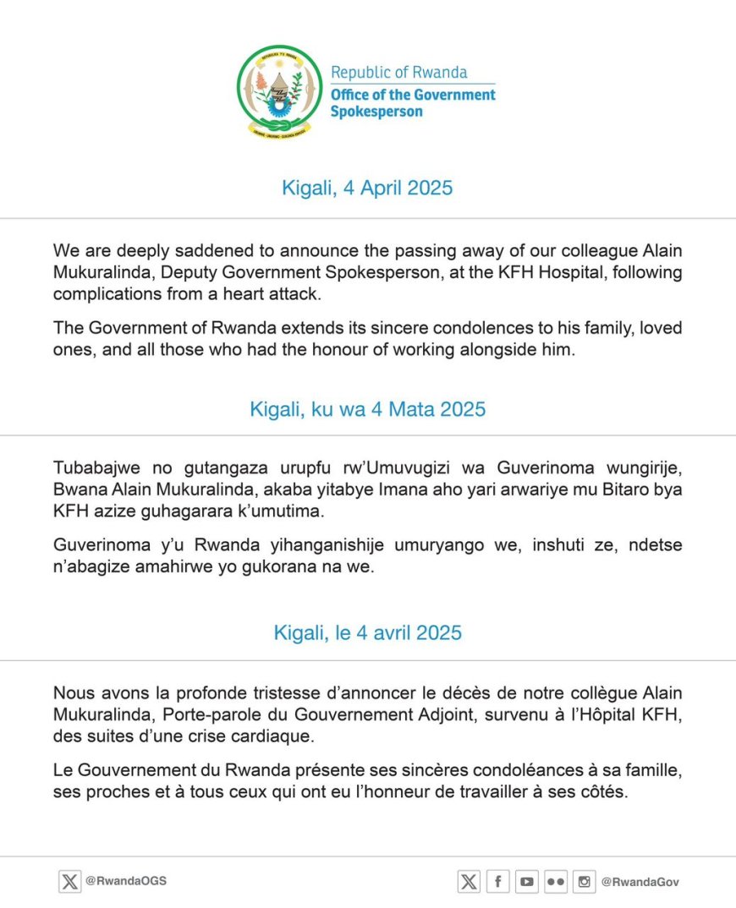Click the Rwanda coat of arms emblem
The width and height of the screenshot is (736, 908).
pyautogui.click(x=279, y=92)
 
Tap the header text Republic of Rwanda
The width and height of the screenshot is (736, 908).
pyautogui.click(x=398, y=73)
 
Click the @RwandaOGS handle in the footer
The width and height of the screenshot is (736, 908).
pyautogui.click(x=126, y=881)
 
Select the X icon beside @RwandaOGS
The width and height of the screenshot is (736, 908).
pyautogui.click(x=69, y=882)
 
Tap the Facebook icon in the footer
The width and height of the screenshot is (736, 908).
pyautogui.click(x=497, y=882)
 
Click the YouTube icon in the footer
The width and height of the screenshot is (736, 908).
pyautogui.click(x=527, y=882)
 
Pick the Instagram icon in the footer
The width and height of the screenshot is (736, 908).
pyautogui.click(x=585, y=882)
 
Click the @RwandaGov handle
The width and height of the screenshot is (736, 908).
pyautogui.click(x=640, y=882)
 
